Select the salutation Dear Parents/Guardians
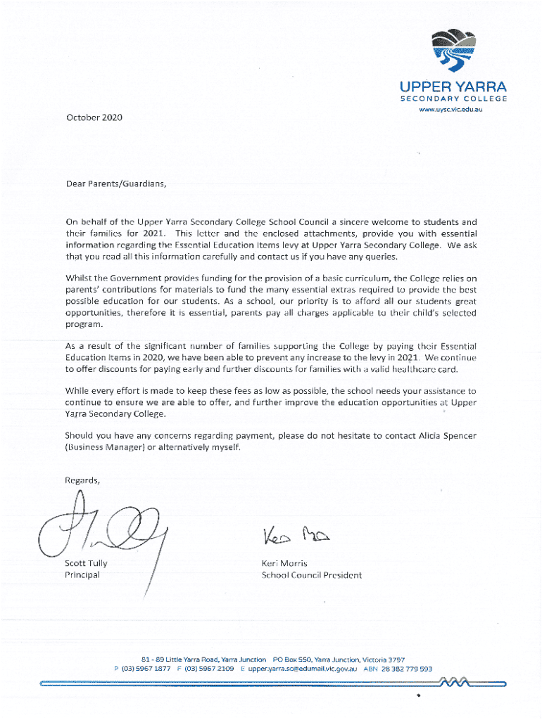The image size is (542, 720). [x=116, y=185]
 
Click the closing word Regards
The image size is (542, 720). [x=82, y=481]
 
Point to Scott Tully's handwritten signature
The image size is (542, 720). [x=106, y=531]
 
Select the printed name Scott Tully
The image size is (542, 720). [x=86, y=563]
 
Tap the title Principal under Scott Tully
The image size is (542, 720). [x=82, y=575]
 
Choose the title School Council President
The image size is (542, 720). [x=312, y=575]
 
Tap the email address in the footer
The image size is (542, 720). [x=303, y=669]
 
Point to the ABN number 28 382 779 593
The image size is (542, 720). [x=408, y=669]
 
